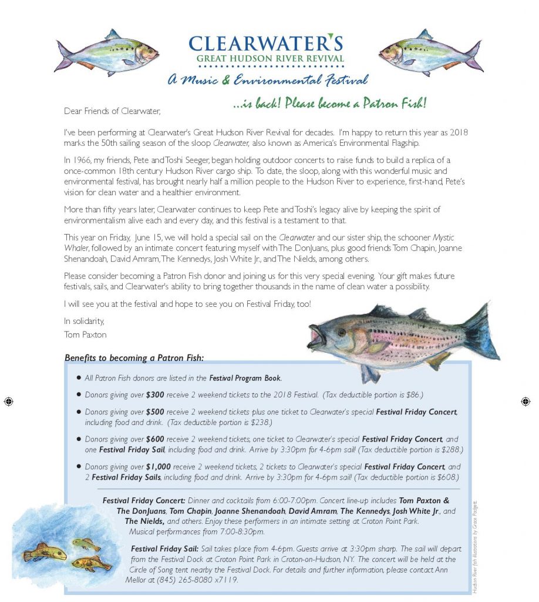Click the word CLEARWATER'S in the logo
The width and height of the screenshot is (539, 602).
pyautogui.click(x=265, y=44)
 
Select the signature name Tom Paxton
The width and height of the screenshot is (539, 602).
pyautogui.click(x=83, y=335)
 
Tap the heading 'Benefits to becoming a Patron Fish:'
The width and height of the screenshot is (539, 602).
pyautogui.click(x=134, y=357)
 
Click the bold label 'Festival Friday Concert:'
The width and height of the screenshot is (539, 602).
pyautogui.click(x=144, y=500)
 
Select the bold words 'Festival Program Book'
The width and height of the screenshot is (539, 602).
pyautogui.click(x=245, y=378)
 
